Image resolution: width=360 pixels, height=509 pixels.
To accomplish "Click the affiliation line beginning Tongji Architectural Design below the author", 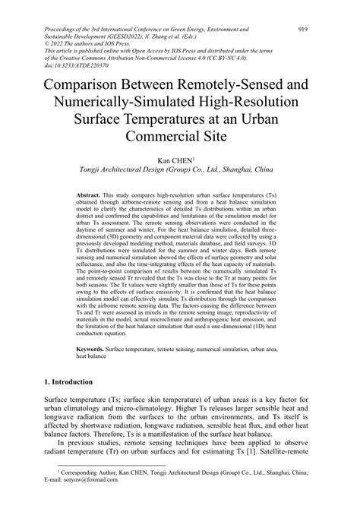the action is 180,171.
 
